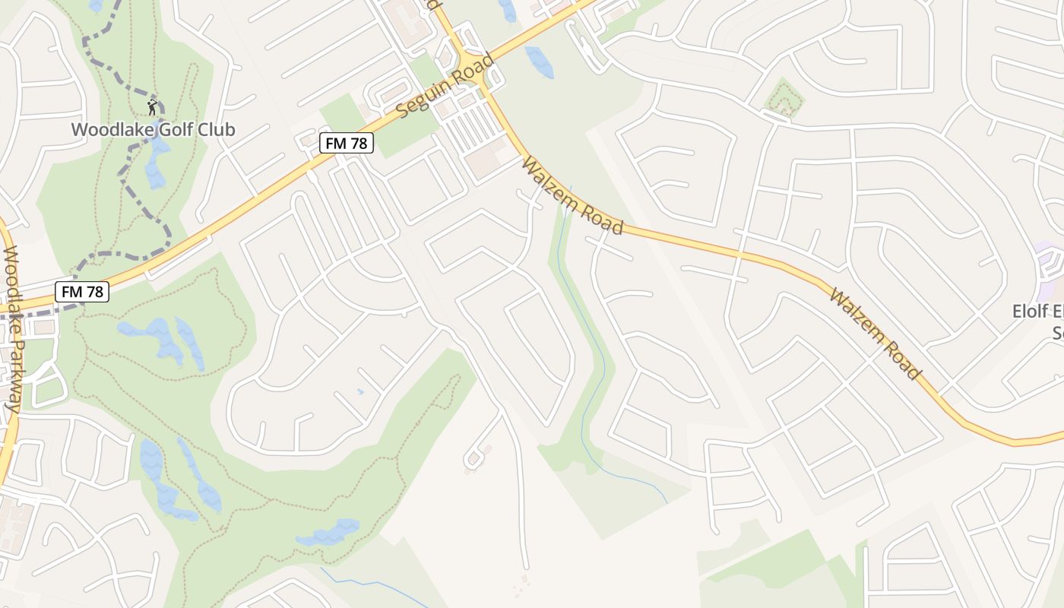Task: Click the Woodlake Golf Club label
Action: tap(153, 129)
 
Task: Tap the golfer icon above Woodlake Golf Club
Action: tap(153, 106)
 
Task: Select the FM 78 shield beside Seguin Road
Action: tap(347, 143)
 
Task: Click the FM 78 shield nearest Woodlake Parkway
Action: tap(83, 291)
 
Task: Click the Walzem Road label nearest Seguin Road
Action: tap(572, 195)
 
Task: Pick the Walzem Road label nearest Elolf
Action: tap(875, 334)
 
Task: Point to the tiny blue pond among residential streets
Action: tap(360, 391)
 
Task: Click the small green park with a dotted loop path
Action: tap(784, 99)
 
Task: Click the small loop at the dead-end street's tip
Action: tap(473, 458)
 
